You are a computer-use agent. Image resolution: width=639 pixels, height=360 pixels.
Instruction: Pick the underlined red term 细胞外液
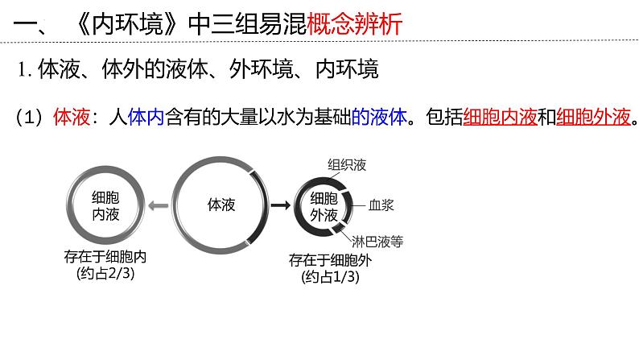[x=590, y=118]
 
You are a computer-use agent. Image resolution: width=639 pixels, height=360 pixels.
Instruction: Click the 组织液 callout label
[x=347, y=165]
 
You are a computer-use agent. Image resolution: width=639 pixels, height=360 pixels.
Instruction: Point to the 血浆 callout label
[x=381, y=206]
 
